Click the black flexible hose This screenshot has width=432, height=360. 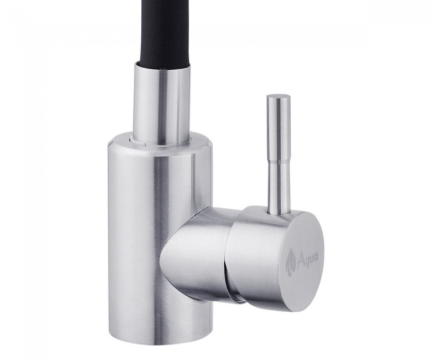point(162,33)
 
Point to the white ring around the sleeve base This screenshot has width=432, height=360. point(162,140)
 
